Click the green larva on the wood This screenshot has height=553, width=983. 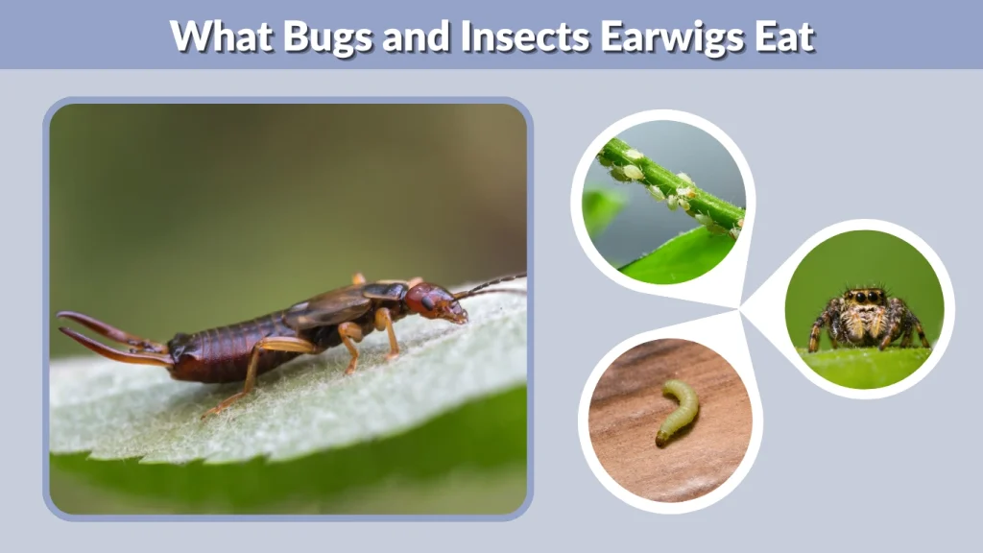(x=678, y=411)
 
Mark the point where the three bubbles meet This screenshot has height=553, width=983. (x=740, y=308)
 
